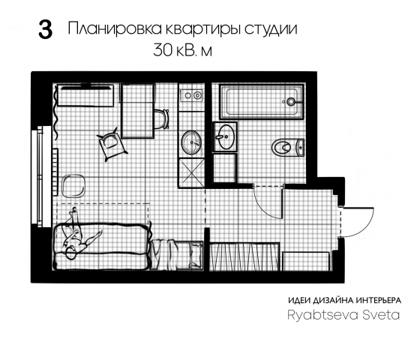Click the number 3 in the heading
pyautogui.click(x=45, y=31)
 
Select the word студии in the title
pyautogui.click(x=270, y=30)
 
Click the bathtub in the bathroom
pyautogui.click(x=259, y=101)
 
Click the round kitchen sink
pyautogui.click(x=191, y=140)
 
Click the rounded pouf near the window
pyautogui.click(x=73, y=184)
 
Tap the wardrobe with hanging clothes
pyautogui.click(x=243, y=255)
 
